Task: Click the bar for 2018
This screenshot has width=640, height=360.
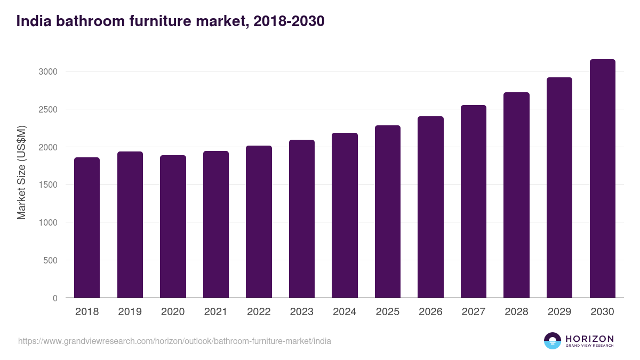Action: point(87,228)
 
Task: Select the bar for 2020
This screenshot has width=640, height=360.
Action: point(173,227)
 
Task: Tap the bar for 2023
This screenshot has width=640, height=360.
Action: point(302,219)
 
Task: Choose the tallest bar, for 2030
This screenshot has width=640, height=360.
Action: point(602,179)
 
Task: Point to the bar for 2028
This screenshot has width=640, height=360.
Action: point(516,195)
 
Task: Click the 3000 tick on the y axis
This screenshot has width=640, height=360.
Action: point(46,71)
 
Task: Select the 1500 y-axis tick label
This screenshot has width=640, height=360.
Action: point(46,185)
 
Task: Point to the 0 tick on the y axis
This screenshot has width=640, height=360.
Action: point(54,299)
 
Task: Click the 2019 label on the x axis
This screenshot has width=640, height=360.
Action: point(130,312)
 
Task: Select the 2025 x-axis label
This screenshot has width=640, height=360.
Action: point(388,312)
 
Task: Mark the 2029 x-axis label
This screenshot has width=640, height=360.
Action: point(559,312)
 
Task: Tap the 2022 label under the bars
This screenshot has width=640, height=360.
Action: point(259,312)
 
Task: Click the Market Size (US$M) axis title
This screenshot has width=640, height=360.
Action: point(21,172)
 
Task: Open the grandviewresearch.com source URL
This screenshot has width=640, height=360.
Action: point(174,341)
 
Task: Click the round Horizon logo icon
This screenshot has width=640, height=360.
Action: point(553,341)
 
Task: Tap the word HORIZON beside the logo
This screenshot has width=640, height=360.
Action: point(589,338)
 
